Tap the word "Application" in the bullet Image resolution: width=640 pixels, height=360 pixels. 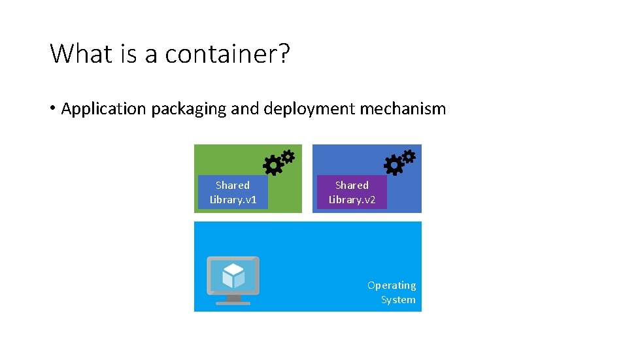103,108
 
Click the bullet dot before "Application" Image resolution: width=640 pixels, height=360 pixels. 52,109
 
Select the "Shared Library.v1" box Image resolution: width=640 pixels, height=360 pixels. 233,192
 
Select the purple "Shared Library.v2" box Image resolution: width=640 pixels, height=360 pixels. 352,192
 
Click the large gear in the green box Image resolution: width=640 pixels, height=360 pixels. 272,166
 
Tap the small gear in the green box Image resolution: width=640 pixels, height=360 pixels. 288,157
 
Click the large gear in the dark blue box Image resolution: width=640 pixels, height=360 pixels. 394,166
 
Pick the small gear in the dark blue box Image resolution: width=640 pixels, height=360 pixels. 409,157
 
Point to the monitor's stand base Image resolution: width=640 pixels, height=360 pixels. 233,302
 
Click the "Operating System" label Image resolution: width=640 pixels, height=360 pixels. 392,292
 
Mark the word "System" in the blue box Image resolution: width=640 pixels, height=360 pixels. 398,300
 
